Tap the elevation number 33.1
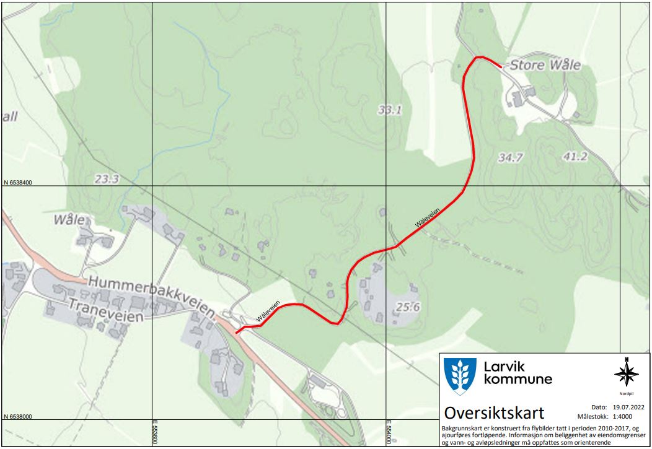390,110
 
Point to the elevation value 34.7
511,157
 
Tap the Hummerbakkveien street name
151,294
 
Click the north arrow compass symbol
626,373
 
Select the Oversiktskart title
494,412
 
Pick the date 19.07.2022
628,408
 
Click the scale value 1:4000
627,417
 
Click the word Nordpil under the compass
627,393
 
